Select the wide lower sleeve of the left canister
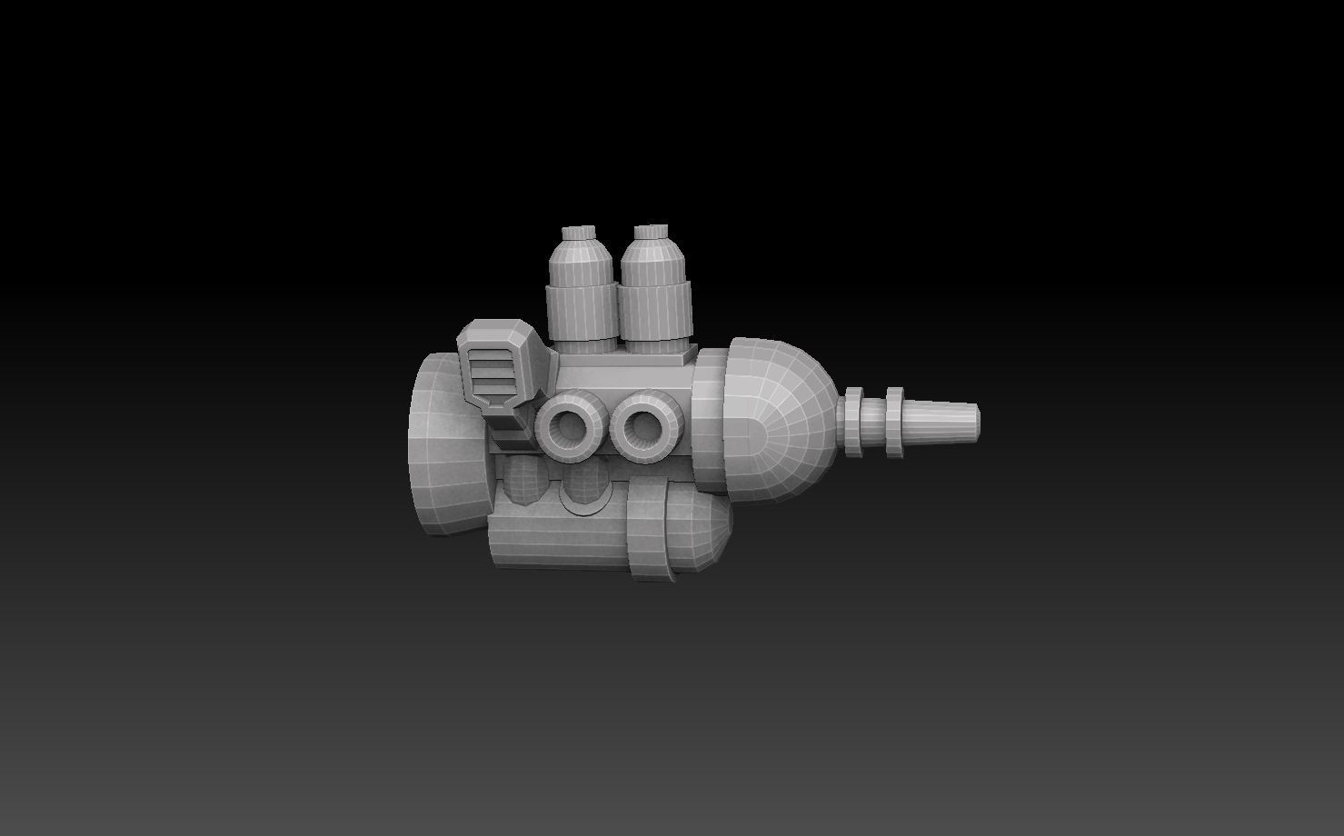tap(579, 315)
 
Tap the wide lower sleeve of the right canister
tap(656, 315)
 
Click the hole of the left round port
tap(572, 424)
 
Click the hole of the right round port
tap(643, 424)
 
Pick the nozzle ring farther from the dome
tap(894, 422)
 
